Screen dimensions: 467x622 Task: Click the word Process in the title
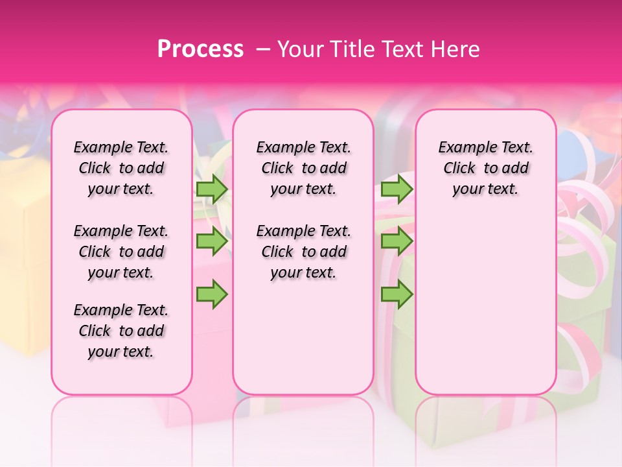coord(200,49)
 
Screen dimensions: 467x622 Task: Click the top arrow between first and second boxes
coord(212,189)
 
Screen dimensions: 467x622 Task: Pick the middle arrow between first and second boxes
coord(212,241)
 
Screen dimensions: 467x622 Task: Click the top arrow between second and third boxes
coord(397,189)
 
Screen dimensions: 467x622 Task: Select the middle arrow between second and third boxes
coord(397,241)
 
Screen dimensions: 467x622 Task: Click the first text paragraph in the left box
coord(121,168)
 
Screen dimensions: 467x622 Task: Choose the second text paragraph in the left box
coord(121,252)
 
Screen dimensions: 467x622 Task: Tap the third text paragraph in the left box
coord(121,331)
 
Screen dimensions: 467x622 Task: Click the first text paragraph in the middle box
coord(304,168)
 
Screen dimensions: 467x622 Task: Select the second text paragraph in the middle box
coord(304,252)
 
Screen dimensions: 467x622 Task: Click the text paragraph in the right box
coord(486,168)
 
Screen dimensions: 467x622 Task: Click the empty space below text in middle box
coord(303,337)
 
